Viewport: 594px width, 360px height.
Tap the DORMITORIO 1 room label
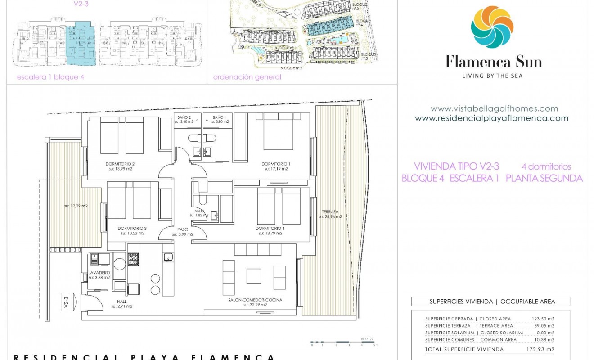(x=274, y=164)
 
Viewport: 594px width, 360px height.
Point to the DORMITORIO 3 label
(x=132, y=228)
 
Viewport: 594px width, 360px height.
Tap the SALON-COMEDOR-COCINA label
(x=255, y=300)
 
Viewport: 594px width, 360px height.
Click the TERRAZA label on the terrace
(x=330, y=211)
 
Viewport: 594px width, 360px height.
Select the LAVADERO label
(x=99, y=273)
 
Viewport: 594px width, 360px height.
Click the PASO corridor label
(x=183, y=229)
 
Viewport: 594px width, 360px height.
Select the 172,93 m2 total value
(x=540, y=349)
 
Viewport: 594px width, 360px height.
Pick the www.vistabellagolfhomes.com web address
(x=494, y=108)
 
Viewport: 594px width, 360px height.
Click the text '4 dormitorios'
(x=546, y=166)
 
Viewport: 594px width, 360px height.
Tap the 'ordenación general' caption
(x=247, y=77)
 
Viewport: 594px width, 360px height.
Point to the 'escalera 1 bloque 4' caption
(x=50, y=77)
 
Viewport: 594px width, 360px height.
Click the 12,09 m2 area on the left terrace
(x=76, y=206)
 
